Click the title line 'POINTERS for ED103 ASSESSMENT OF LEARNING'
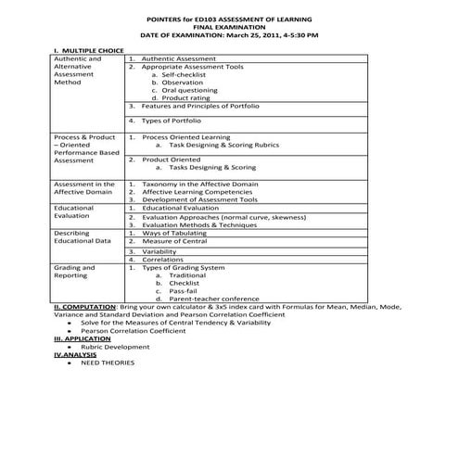[229, 19]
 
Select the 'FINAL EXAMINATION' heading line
[229, 27]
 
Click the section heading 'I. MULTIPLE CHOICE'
[89, 50]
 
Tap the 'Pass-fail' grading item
[184, 291]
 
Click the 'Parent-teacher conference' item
[214, 300]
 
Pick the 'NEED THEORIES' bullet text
[108, 363]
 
